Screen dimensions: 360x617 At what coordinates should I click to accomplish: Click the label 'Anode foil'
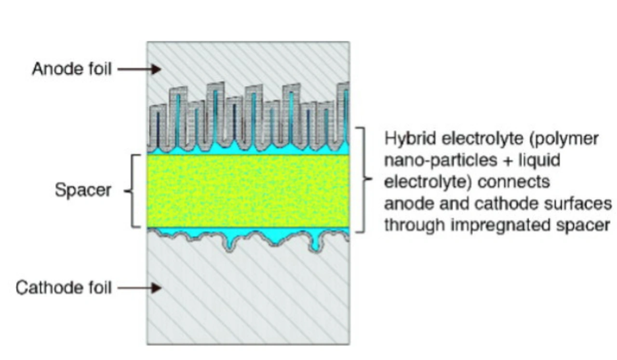coord(71,69)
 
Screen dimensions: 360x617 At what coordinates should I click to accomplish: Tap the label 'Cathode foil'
coord(64,288)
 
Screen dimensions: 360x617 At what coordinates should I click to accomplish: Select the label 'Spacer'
coord(82,190)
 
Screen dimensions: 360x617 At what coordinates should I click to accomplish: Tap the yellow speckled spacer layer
coord(248,190)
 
